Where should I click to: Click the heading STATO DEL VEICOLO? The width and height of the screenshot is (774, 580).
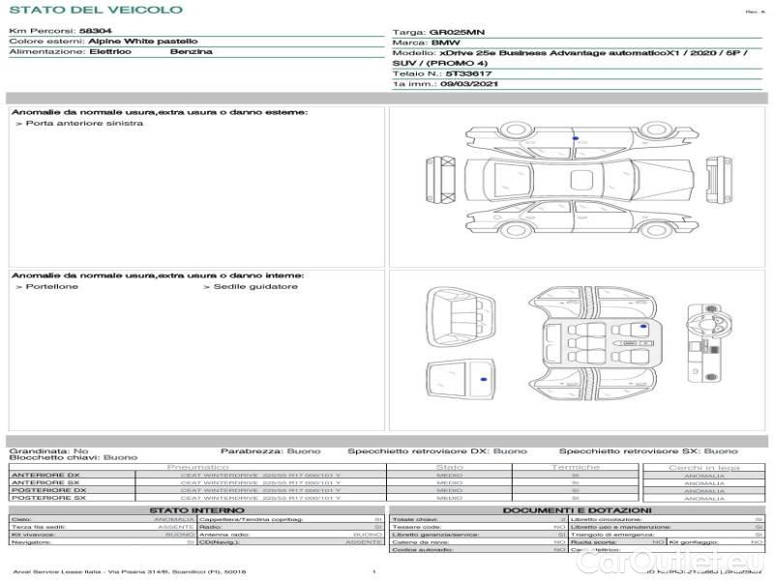(96, 10)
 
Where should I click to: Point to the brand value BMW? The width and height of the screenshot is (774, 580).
(445, 43)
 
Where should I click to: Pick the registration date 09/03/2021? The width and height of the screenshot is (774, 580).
(459, 84)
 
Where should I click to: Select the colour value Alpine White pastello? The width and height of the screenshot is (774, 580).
(143, 42)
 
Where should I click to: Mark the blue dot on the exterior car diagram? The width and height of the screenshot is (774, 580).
(576, 139)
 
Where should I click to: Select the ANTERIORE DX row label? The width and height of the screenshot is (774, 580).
(46, 475)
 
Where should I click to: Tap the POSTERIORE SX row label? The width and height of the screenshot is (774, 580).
(48, 498)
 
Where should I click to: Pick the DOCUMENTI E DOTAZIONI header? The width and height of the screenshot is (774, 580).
(577, 510)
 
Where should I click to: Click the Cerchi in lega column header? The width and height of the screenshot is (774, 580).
(703, 467)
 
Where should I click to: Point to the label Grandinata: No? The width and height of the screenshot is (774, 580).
(48, 450)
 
